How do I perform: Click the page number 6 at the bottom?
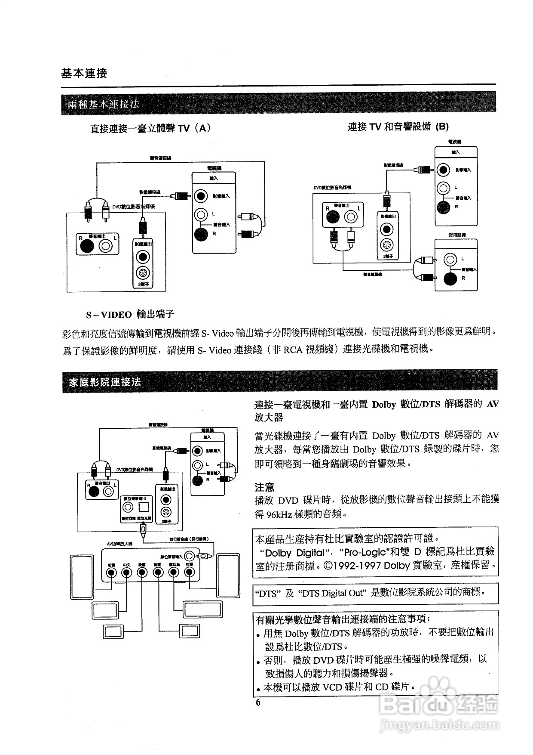(258, 703)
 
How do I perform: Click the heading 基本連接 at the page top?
(84, 73)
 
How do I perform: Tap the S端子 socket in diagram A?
(142, 273)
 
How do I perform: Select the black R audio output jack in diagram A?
(87, 246)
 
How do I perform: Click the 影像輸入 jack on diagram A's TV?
(200, 196)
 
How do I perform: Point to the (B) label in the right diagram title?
(442, 127)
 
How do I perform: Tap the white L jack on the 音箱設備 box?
(450, 259)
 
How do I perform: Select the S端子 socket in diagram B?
(388, 246)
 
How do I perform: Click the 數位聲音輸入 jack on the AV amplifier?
(190, 556)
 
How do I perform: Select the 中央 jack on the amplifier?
(126, 572)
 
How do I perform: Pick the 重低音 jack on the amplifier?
(174, 572)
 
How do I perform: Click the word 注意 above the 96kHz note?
(264, 488)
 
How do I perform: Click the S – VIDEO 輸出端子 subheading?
(130, 315)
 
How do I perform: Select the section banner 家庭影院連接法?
(105, 382)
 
